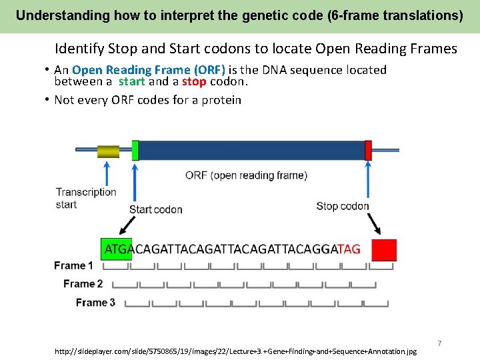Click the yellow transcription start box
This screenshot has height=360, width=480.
point(108,151)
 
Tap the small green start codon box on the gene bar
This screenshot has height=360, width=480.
point(135,150)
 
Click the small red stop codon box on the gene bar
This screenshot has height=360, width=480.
point(368,150)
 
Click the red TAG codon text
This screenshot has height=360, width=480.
point(349,249)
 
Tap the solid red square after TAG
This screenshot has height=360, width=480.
point(384,250)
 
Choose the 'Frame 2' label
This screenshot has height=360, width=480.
point(83,284)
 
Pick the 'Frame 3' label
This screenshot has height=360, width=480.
point(95,303)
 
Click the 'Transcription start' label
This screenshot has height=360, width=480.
point(86,198)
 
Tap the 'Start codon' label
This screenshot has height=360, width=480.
point(155,209)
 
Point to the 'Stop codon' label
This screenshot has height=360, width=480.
point(342,206)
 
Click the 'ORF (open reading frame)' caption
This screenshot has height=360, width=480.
point(246,175)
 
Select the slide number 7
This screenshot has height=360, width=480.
point(439,343)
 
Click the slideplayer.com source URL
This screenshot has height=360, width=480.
point(236,351)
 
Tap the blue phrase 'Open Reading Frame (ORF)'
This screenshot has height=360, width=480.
point(149,70)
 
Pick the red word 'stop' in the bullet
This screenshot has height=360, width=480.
point(193,82)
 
